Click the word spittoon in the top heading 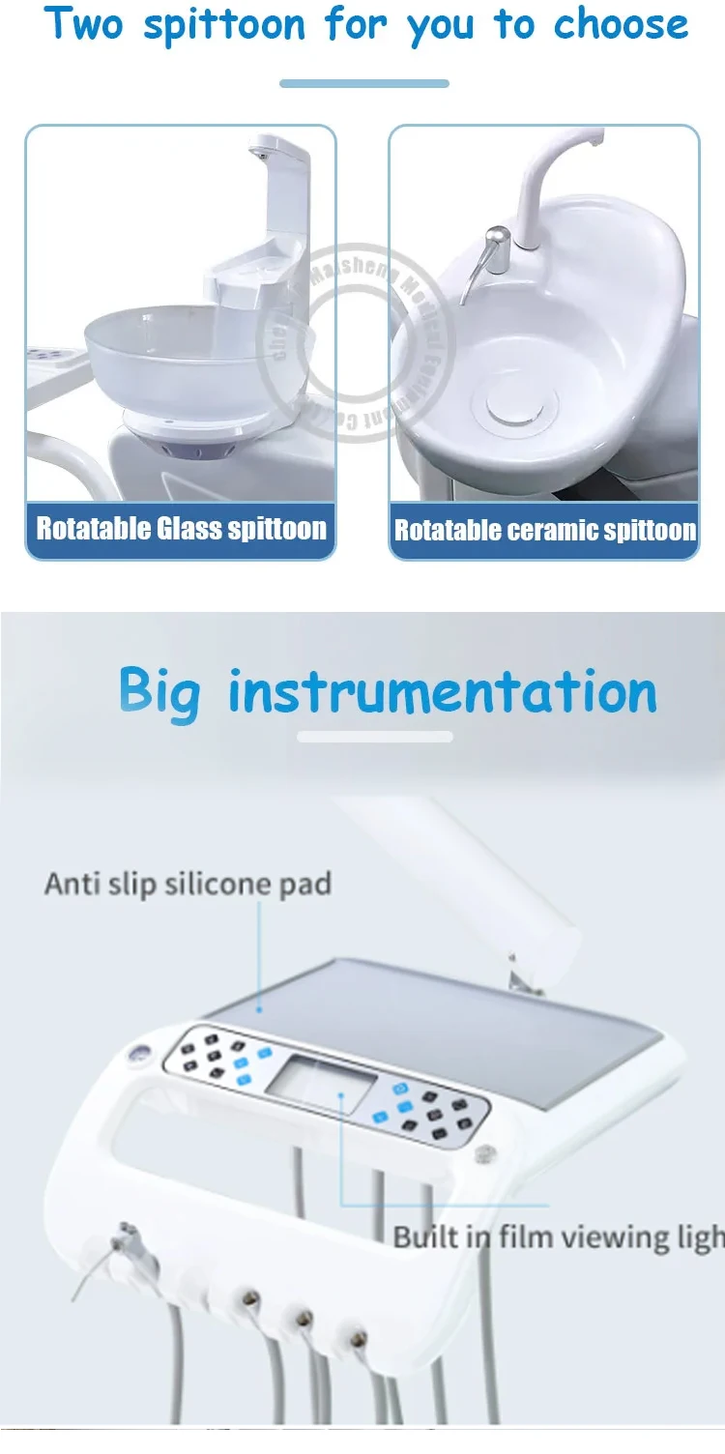coord(225,25)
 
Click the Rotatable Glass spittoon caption coord(181,529)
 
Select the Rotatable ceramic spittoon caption coord(544,530)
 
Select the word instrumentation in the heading coord(443,693)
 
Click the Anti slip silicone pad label coord(188,884)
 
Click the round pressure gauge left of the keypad coord(137,1057)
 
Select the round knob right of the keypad coord(482,1153)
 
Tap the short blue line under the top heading coord(364,83)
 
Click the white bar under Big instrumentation coord(375,737)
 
